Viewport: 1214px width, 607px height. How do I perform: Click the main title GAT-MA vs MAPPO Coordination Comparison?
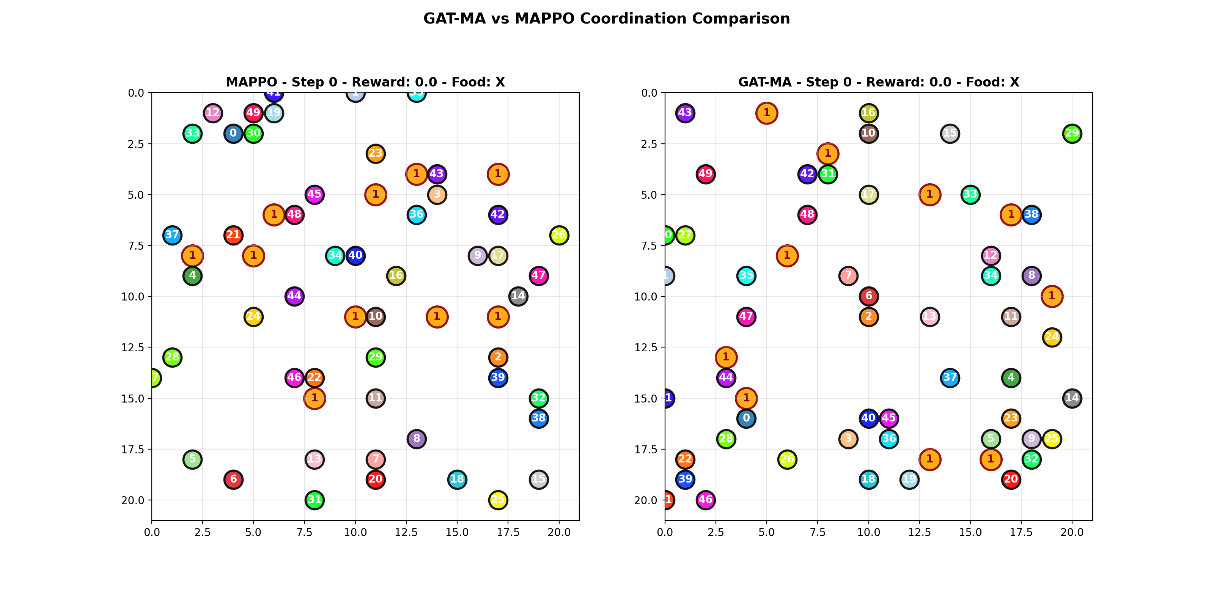[x=607, y=19]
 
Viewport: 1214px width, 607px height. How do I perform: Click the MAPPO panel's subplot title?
[x=365, y=82]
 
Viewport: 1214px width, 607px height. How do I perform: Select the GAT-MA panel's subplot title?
[x=879, y=82]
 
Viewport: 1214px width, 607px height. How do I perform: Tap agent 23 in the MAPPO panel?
[x=375, y=154]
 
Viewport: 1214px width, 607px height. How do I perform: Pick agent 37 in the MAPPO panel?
[x=172, y=235]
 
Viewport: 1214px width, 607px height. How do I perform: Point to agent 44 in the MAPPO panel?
[x=294, y=296]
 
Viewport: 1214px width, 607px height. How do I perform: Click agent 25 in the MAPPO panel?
[x=498, y=500]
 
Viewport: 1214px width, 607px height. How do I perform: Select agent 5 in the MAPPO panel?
[x=192, y=459]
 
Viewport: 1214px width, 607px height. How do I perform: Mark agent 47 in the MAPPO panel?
[x=538, y=276]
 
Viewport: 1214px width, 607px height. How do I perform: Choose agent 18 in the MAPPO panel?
[x=457, y=479]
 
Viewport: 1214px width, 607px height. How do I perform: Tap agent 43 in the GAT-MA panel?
[x=685, y=113]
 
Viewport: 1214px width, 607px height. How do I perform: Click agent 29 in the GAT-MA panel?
[x=1072, y=134]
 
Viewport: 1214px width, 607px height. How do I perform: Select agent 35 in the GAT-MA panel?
[x=746, y=276]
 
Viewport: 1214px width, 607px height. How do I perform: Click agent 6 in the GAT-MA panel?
[x=868, y=296]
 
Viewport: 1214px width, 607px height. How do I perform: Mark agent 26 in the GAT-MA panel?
[x=786, y=459]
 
